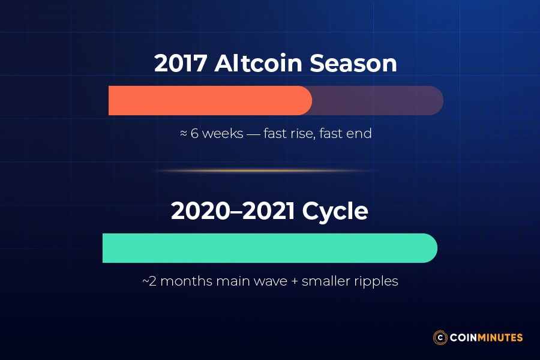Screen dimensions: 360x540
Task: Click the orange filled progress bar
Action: (x=210, y=100)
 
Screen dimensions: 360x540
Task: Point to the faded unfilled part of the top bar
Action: (x=378, y=100)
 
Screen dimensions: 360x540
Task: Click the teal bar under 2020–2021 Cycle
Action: (x=270, y=248)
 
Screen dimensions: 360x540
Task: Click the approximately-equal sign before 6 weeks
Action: (x=184, y=133)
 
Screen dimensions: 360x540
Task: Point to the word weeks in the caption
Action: (x=222, y=133)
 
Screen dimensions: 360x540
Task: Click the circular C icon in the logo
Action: (x=441, y=337)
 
